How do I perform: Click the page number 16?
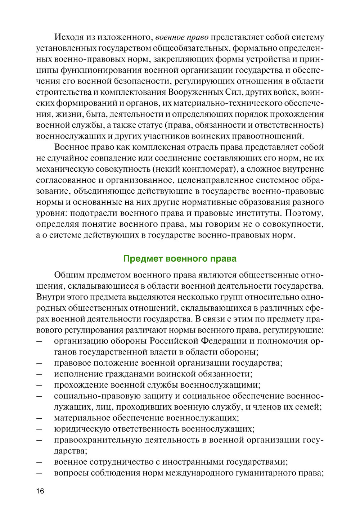pos(40,491)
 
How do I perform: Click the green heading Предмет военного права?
pos(180,258)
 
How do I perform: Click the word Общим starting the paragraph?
pos(68,275)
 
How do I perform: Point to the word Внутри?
pos(49,297)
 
